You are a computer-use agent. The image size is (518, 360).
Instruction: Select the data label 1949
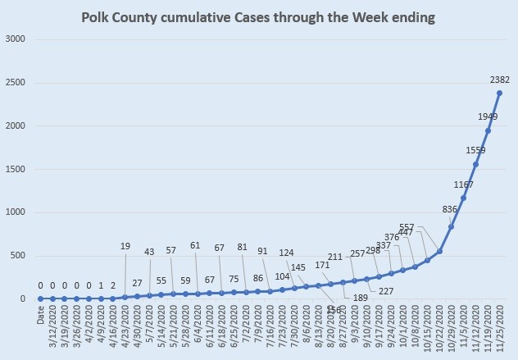[488, 117]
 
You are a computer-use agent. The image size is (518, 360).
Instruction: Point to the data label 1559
[475, 151]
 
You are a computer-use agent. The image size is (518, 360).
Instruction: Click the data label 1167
[463, 185]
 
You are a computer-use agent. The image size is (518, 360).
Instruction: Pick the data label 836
[450, 209]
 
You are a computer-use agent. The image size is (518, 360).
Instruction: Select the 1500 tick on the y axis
[16, 169]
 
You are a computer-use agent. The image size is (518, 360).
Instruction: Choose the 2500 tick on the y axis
[16, 83]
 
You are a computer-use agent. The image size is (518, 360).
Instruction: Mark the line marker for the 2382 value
[500, 93]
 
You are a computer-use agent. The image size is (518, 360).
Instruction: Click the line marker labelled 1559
[475, 164]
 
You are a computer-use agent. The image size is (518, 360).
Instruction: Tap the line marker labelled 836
[452, 226]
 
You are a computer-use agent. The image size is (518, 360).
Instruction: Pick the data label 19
[125, 245]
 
